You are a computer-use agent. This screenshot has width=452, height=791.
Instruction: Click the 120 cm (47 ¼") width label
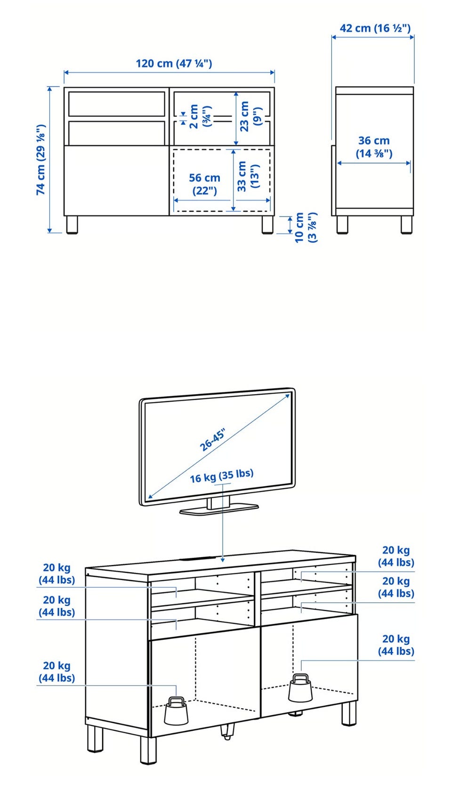coord(174,64)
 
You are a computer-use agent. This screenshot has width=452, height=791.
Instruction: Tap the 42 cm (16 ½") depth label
coord(375,28)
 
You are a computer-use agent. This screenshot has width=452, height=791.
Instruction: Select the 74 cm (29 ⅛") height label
coord(41,160)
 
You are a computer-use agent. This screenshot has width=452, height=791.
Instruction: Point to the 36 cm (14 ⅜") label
coord(374,147)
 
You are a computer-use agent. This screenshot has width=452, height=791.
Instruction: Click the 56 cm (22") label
coord(204,184)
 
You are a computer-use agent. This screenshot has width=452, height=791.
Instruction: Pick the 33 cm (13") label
coord(248,176)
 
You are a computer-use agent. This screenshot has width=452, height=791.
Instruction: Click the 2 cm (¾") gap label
coord(200,116)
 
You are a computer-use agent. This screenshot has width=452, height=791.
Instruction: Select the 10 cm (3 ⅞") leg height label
coord(306,227)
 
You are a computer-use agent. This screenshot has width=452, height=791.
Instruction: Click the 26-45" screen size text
coord(212,440)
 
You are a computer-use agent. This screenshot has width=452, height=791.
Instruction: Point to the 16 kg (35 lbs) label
coord(222,476)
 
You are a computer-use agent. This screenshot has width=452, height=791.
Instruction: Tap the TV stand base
coord(219,510)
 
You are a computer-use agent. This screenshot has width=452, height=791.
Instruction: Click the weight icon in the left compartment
coord(176,710)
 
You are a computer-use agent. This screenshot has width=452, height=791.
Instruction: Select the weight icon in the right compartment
coord(300,688)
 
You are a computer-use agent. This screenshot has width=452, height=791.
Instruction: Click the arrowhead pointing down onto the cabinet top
coord(222,559)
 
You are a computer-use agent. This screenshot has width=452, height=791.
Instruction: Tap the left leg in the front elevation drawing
coord(72,225)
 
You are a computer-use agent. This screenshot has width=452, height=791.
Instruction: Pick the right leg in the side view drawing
coord(406,225)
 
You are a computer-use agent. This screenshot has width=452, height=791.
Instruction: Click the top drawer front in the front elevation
coord(117,104)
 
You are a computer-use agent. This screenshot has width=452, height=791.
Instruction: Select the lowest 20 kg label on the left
coord(57,671)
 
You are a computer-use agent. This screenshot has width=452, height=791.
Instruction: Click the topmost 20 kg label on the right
coord(396,556)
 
